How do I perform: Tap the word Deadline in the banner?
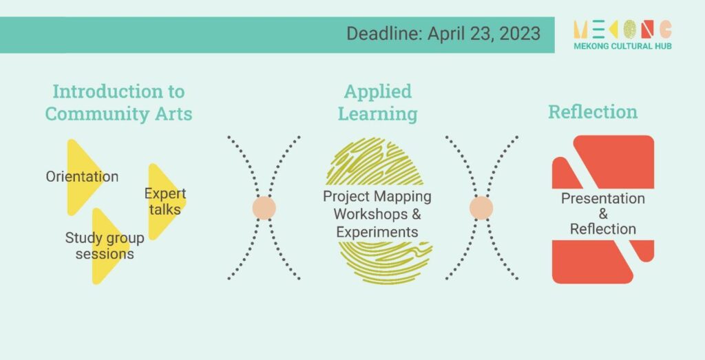pos(385,34)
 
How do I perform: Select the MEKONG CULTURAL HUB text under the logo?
pos(622,46)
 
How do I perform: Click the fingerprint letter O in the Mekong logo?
pos(630,29)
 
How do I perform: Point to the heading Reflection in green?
pos(593,112)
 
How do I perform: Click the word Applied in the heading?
pos(378,92)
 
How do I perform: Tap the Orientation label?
pos(83,176)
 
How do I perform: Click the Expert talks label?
pos(165,202)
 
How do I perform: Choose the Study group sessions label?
pos(105,246)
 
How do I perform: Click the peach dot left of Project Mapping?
pos(264,208)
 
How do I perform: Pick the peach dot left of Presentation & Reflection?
pos(481,208)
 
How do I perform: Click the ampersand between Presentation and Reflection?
pos(603,214)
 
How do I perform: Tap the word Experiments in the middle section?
pos(377,233)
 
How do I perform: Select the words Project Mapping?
pos(377,197)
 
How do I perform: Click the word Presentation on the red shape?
pos(603,198)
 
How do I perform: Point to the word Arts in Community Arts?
pos(173,114)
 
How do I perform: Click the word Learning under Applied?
pos(378,114)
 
